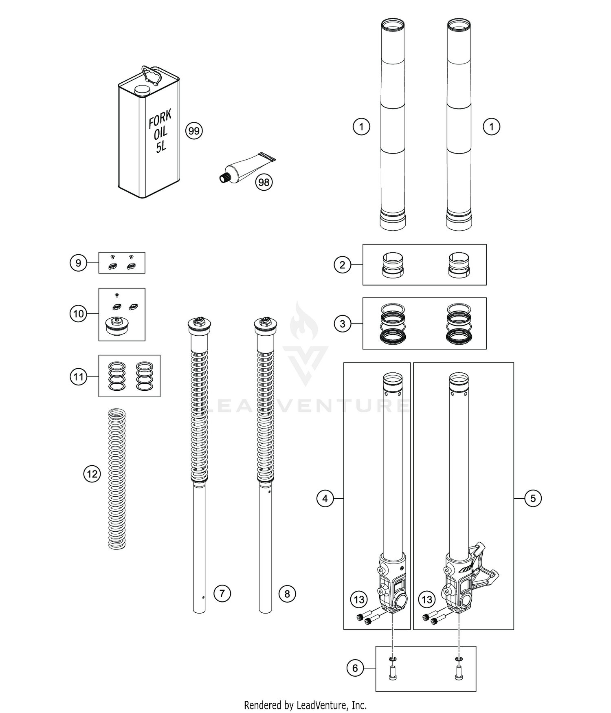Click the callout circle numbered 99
coord(194,131)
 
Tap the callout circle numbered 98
coord(264,182)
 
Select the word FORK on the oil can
coord(160,119)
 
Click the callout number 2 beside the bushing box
coord(342,265)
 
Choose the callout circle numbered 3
coord(342,324)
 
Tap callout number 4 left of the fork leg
coord(325,498)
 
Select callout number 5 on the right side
coord(533,498)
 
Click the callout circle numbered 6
coord(355,668)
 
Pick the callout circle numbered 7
coord(222,594)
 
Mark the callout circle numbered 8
coord(287,594)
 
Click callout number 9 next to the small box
coord(78,263)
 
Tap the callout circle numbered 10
coord(78,314)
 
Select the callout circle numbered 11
coord(78,376)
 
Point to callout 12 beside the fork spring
coord(92,474)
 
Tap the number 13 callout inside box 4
coord(359,599)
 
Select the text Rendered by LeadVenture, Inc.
coord(305,705)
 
